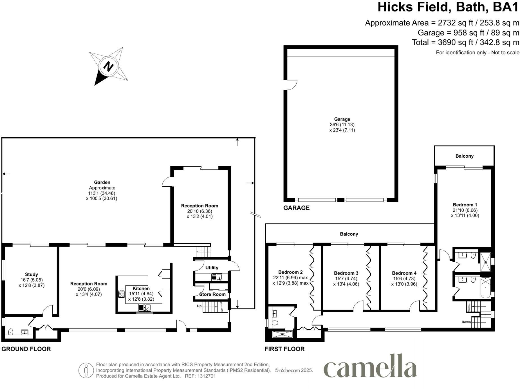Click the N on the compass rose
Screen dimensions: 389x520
(x=108, y=66)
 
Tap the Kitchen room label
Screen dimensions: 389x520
(x=141, y=289)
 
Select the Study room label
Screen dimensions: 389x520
(x=32, y=274)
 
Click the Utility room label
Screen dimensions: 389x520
(x=212, y=268)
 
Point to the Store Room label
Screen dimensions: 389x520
(x=212, y=294)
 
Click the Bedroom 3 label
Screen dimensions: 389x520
(x=346, y=273)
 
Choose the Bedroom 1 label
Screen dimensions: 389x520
(x=465, y=205)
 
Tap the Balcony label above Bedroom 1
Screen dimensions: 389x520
(x=464, y=156)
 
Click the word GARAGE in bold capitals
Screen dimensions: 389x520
(x=296, y=208)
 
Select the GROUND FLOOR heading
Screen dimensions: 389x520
(x=26, y=349)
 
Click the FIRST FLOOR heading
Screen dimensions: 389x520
(x=284, y=349)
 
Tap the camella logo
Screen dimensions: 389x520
(x=370, y=366)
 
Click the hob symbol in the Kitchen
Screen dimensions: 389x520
(x=122, y=294)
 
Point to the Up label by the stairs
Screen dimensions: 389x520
(x=199, y=306)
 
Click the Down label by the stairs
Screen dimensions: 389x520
(x=466, y=322)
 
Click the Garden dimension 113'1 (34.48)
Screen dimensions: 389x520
(x=102, y=193)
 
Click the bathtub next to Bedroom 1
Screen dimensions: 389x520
(x=485, y=288)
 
